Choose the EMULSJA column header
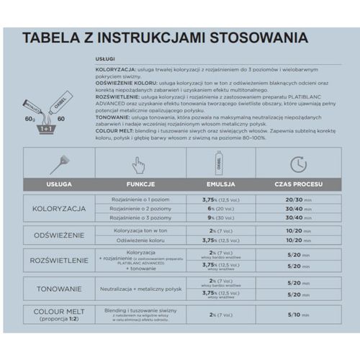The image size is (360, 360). tap(206, 185)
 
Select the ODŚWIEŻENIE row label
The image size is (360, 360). tap(60, 235)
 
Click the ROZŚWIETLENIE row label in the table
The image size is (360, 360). tap(60, 260)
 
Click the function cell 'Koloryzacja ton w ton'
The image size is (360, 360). tap(141, 230)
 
